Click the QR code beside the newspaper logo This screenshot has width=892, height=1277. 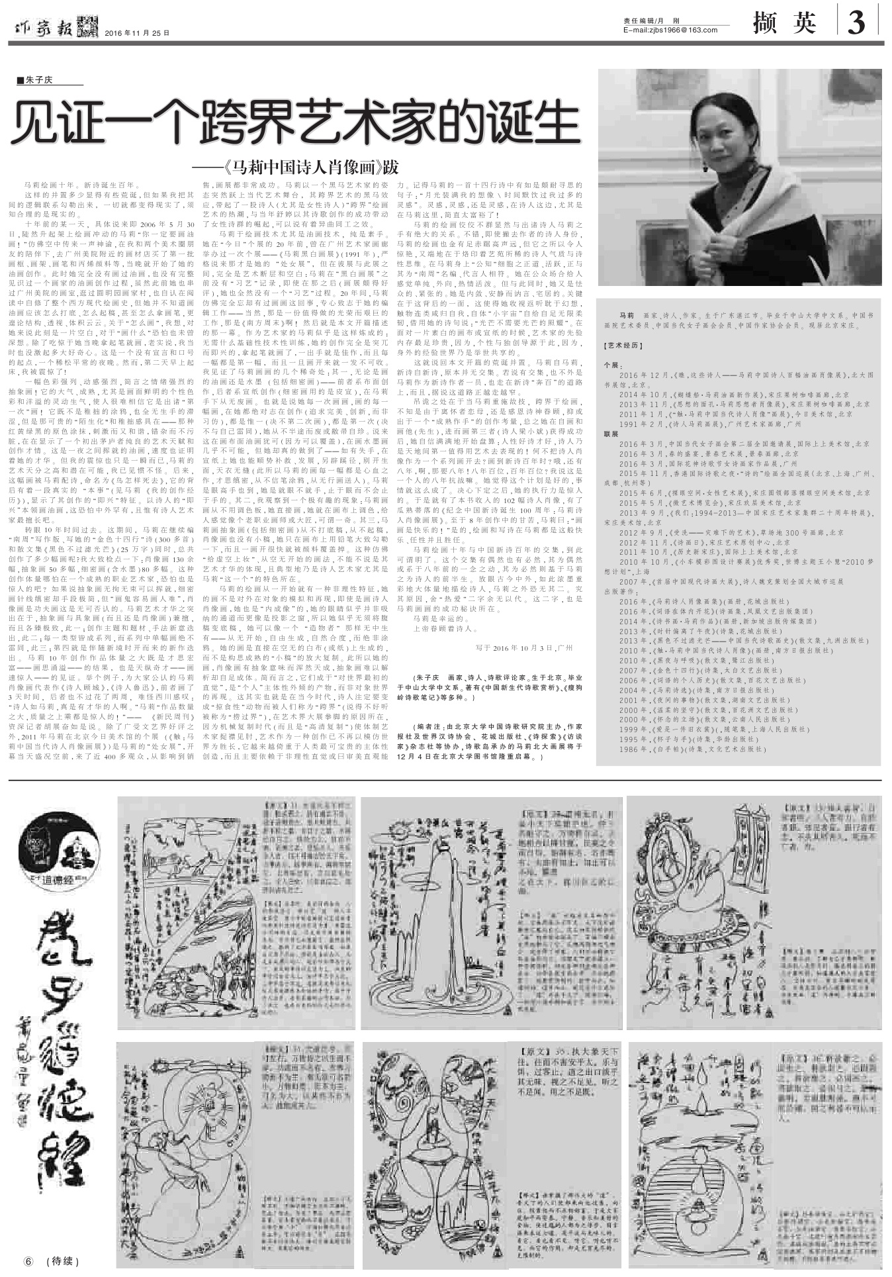[85, 25]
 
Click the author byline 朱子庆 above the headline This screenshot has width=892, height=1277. [39, 81]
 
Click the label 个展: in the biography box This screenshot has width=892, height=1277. [611, 365]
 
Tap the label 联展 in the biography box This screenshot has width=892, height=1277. [610, 434]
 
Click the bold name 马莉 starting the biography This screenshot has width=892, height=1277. [626, 315]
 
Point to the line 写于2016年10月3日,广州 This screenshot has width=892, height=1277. [524, 648]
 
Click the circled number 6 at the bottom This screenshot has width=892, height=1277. [28, 1260]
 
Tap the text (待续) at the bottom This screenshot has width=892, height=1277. [66, 1260]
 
